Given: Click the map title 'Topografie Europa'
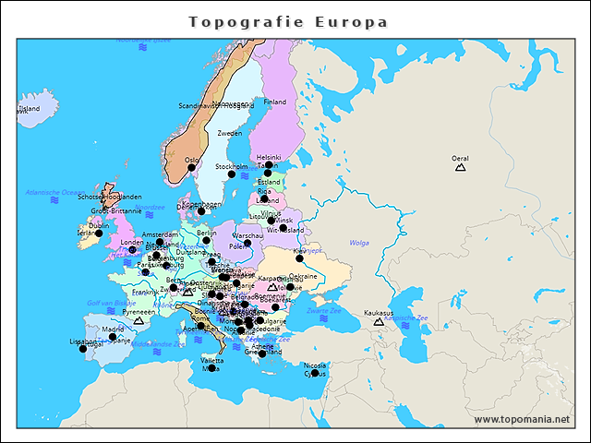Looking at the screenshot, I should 288,22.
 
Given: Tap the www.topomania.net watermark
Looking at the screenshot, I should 522,420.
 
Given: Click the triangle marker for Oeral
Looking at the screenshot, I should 460,167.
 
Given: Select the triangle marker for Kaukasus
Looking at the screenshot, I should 378,321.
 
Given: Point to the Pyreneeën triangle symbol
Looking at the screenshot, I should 139,321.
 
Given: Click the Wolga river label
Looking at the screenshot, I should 359,243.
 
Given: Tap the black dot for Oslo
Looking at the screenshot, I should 192,168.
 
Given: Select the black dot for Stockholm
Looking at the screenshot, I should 232,174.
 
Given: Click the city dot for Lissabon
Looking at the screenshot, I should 82,349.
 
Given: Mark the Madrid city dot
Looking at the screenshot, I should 113,337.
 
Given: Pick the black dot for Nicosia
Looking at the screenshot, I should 315,373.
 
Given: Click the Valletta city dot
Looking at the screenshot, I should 211,368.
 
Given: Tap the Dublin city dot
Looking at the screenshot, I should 99,233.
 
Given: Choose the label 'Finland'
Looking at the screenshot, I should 275,102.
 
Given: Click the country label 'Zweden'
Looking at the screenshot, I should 230,134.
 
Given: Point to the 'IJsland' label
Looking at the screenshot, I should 29,108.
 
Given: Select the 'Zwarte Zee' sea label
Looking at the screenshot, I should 324,311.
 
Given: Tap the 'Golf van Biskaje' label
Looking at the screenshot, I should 112,303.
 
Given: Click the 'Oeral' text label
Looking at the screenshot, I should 460,158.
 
